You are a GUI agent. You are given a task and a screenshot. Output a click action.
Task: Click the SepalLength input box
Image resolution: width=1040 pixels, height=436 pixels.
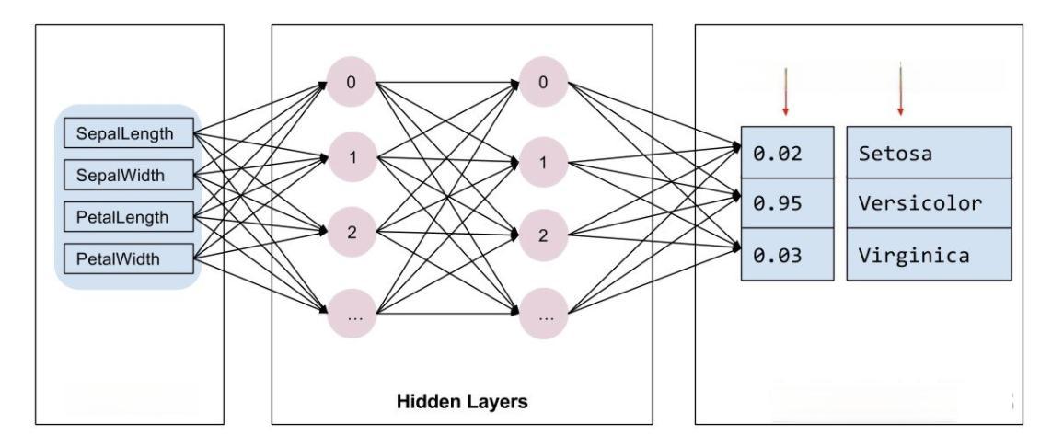[x=129, y=134]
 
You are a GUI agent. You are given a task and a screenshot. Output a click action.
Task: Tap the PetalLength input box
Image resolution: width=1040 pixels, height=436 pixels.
[x=129, y=217]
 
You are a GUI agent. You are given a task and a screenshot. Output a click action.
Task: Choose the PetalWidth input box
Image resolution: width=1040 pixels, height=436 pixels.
[x=129, y=258]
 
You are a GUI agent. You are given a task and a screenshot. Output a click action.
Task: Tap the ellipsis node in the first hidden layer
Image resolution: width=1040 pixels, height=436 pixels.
[x=351, y=314]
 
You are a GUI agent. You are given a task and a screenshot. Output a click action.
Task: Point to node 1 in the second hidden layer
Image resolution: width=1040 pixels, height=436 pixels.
[x=544, y=163]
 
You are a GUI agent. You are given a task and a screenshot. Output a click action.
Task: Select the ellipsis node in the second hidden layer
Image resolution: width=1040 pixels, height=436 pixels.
[x=544, y=314]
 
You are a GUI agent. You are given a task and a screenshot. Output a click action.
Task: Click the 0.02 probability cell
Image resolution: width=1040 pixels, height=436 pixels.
[x=787, y=153]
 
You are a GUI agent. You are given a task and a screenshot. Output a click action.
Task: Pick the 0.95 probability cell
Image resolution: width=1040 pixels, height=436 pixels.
[x=787, y=203]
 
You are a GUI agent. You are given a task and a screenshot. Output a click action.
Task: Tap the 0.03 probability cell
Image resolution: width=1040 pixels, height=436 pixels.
[x=787, y=255]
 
